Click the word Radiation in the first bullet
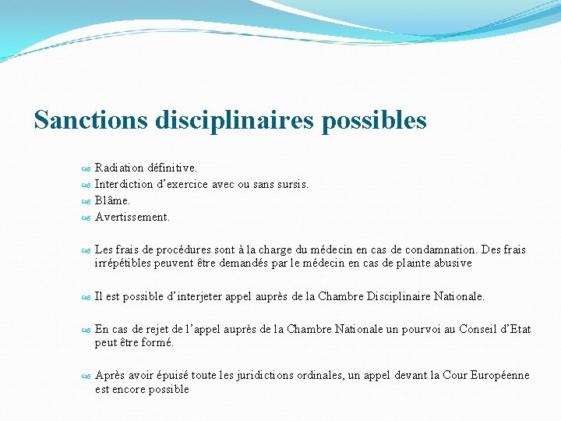[x=119, y=168]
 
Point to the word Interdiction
[x=124, y=185]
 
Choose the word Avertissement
[x=132, y=218]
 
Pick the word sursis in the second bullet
[x=293, y=185]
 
